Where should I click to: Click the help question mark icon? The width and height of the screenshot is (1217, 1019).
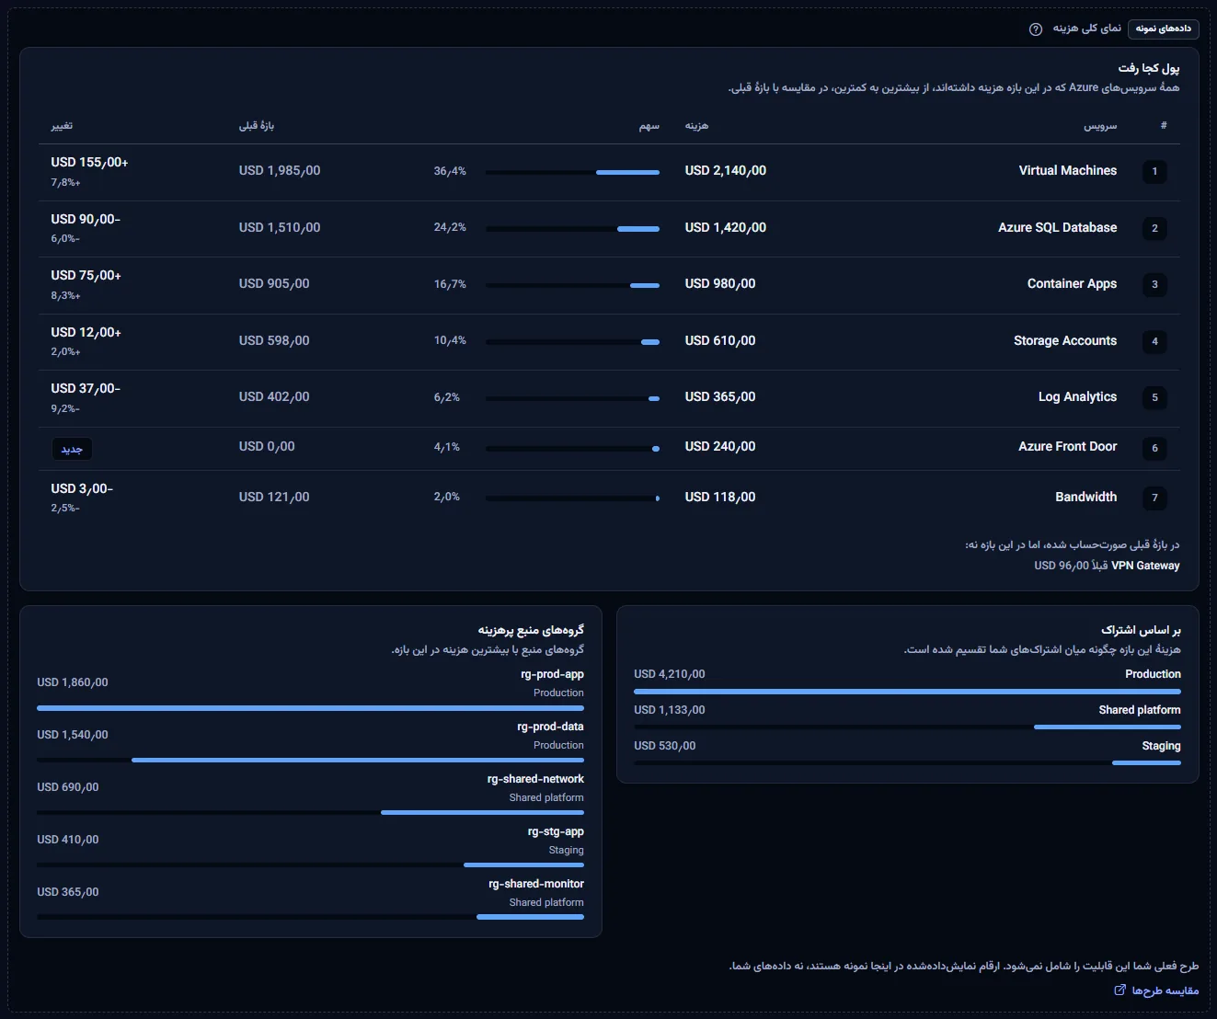(x=1035, y=29)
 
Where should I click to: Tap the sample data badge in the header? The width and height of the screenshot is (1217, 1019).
(x=1163, y=29)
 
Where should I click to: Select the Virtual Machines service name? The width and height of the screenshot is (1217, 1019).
(x=1067, y=171)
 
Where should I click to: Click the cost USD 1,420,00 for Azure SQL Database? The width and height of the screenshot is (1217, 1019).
(x=725, y=227)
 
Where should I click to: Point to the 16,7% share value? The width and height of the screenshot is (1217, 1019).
(x=450, y=284)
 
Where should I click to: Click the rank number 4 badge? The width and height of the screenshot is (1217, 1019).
(x=1154, y=341)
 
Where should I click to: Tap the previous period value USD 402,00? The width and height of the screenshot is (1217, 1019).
(x=274, y=396)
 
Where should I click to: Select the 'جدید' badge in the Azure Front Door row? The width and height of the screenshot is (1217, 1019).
(x=72, y=449)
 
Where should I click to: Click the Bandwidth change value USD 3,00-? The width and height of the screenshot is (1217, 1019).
(x=82, y=489)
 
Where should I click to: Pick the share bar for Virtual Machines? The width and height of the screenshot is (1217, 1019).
(x=572, y=172)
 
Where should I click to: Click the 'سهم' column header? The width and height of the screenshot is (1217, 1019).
(x=649, y=126)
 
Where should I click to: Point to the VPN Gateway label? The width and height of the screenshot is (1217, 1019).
(x=1145, y=565)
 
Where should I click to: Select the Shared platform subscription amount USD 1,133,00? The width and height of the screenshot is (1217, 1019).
(x=669, y=710)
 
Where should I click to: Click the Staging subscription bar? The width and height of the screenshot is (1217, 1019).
(x=908, y=762)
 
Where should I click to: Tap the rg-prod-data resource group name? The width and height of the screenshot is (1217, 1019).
(x=550, y=727)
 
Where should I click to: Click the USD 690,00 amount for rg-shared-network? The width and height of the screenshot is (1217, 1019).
(x=68, y=787)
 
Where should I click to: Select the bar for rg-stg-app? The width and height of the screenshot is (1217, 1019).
(x=310, y=864)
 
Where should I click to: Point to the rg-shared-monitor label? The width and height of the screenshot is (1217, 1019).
(x=535, y=884)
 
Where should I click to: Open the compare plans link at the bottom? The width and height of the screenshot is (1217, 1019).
(x=1156, y=990)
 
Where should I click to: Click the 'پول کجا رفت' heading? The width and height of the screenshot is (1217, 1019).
(x=1148, y=68)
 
